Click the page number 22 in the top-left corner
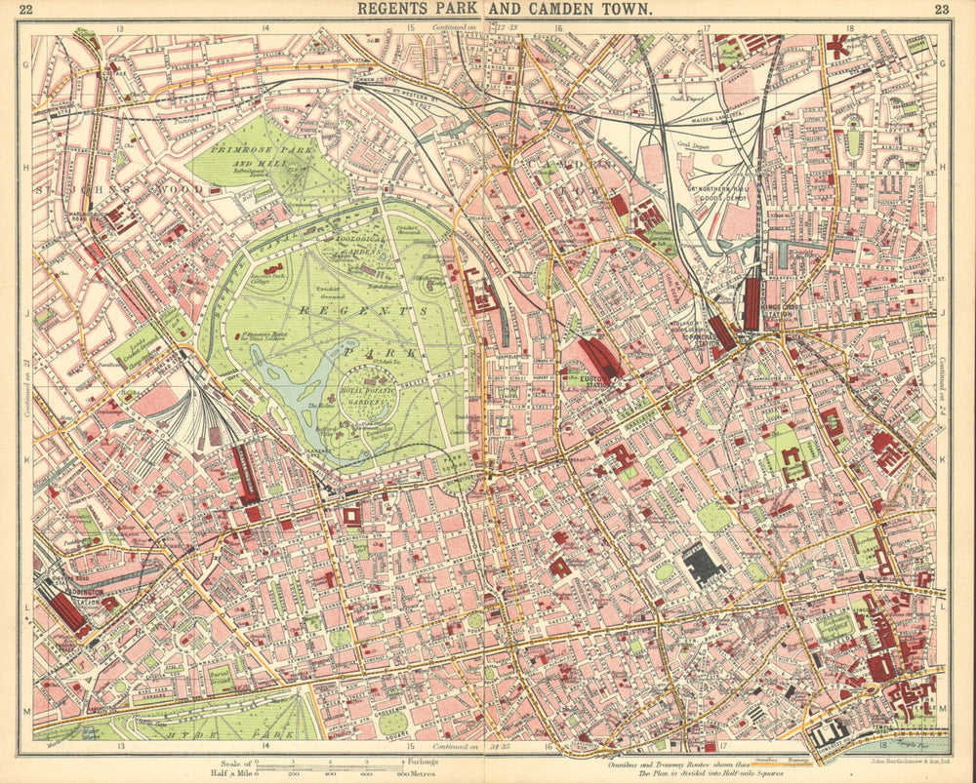click(x=27, y=11)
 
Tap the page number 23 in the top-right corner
click(x=941, y=11)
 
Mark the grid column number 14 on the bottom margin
click(x=265, y=747)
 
